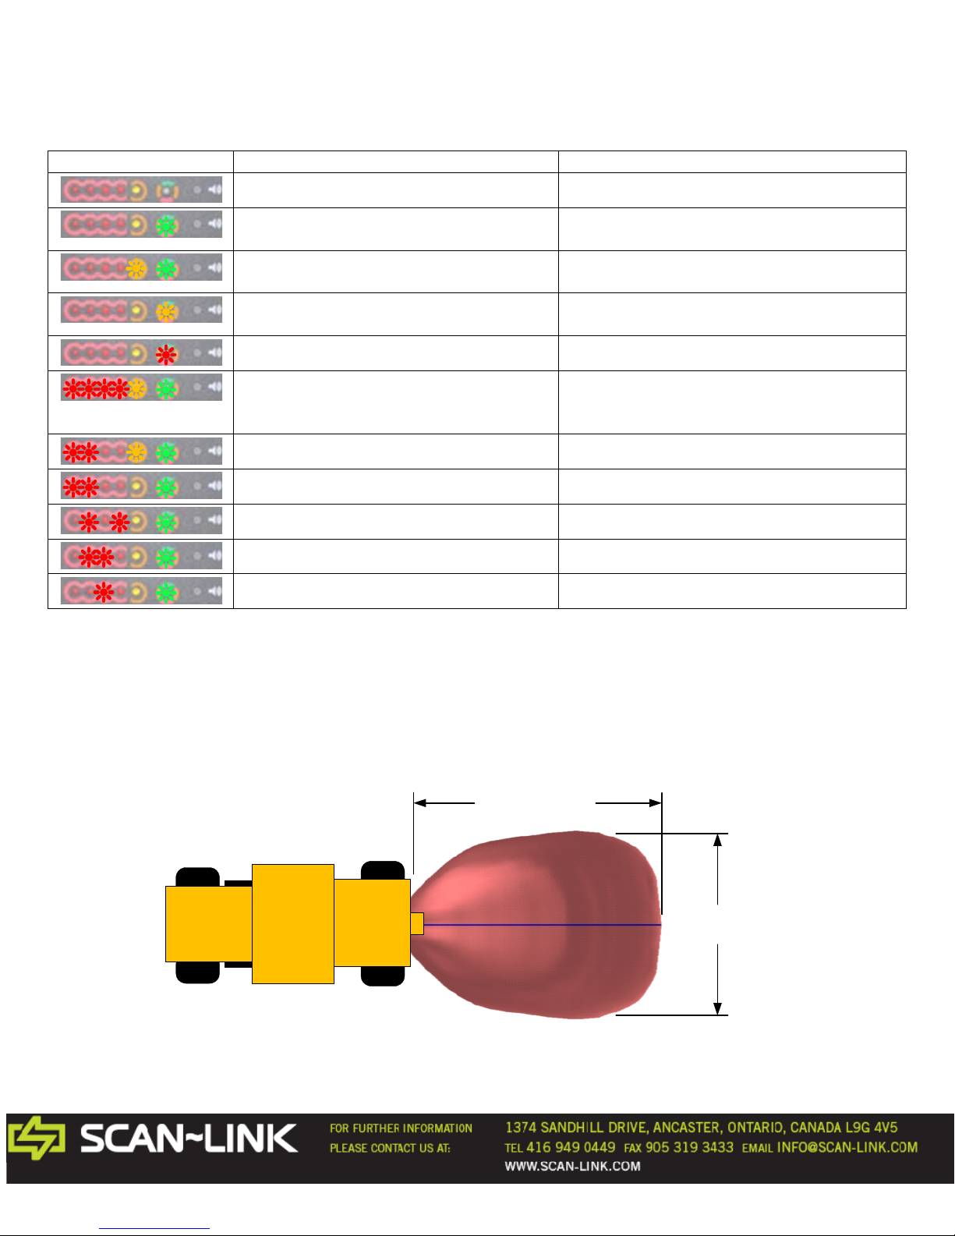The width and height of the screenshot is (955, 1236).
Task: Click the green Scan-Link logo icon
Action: click(x=37, y=1138)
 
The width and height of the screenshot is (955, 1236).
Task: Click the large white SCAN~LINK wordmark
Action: click(x=189, y=1139)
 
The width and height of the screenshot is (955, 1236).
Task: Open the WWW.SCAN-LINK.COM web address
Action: click(x=572, y=1166)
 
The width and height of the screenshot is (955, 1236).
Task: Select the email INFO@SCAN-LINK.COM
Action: click(x=847, y=1147)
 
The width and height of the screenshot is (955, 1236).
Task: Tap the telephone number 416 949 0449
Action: click(x=571, y=1147)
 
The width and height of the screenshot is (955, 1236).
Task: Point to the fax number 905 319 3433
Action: click(x=689, y=1147)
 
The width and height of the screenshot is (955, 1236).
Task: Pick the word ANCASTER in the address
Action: click(x=687, y=1128)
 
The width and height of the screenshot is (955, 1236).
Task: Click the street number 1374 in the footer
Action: click(x=521, y=1128)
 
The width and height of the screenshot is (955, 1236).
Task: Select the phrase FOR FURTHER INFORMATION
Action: click(x=401, y=1128)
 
